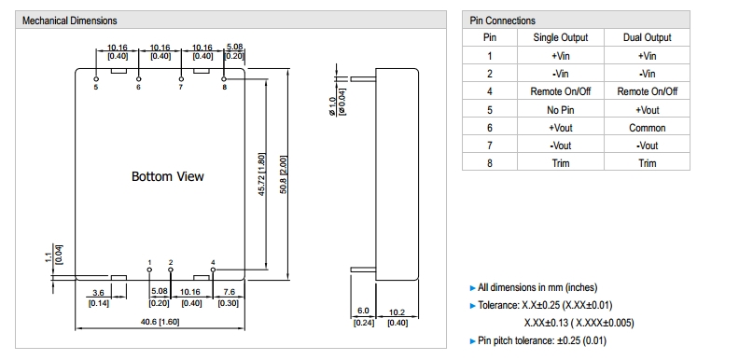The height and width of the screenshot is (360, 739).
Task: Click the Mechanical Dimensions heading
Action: [69, 21]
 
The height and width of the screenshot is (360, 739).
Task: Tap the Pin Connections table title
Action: [502, 21]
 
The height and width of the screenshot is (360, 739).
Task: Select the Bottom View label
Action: [168, 176]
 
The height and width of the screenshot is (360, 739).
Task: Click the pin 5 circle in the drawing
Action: [96, 79]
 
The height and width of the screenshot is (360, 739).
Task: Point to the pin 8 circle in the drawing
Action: [224, 79]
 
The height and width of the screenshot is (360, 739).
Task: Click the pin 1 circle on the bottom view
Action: [149, 270]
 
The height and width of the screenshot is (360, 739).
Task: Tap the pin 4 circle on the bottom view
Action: [213, 270]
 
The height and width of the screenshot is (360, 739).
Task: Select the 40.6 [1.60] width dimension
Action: [160, 323]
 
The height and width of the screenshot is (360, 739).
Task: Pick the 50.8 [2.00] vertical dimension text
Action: [285, 174]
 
